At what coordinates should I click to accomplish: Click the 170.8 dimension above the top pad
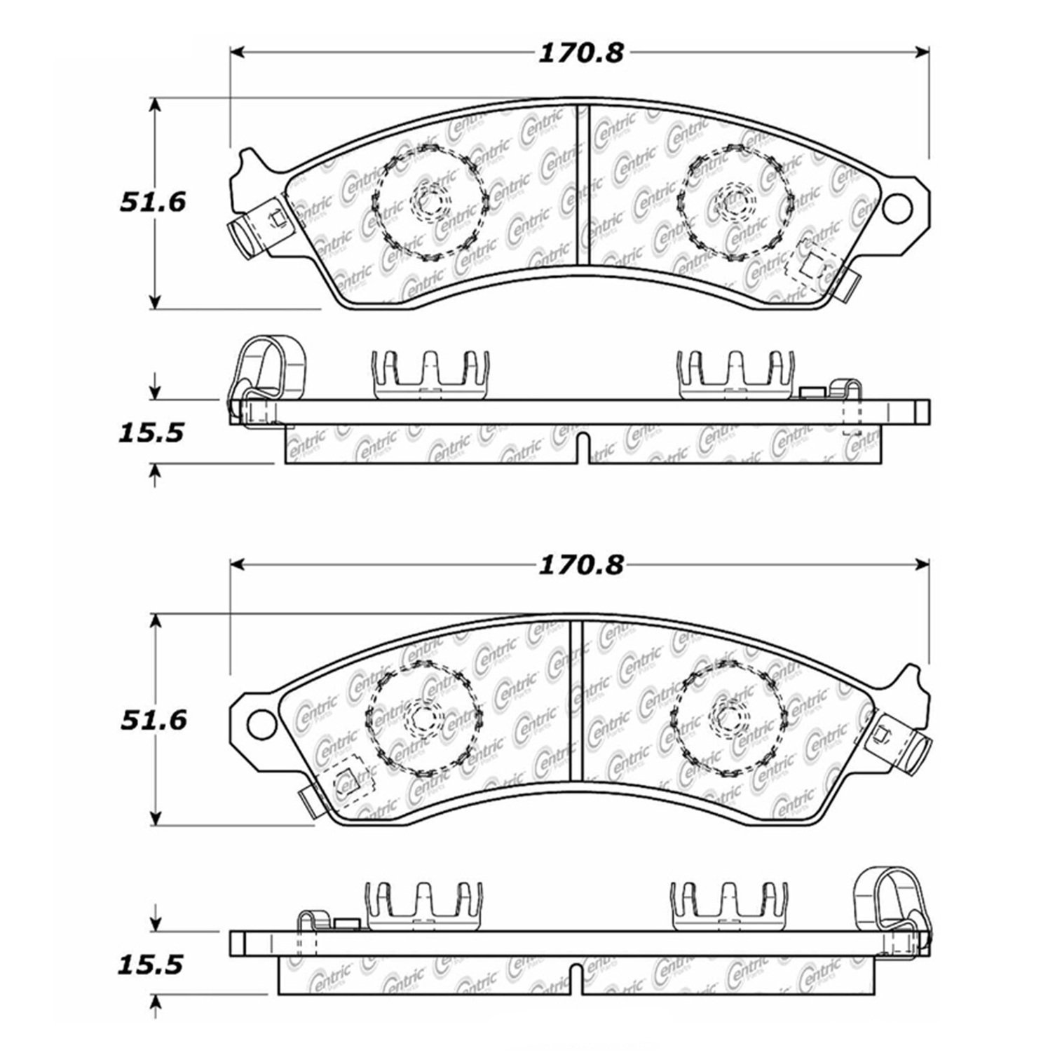click(580, 53)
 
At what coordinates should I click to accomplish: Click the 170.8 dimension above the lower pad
click(580, 565)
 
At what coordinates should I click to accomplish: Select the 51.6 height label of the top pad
click(152, 203)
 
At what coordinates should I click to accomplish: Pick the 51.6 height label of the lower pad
click(154, 719)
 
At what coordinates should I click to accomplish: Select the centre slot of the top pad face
click(583, 185)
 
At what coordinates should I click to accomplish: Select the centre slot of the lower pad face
click(576, 700)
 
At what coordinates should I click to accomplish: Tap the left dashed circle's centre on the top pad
click(428, 203)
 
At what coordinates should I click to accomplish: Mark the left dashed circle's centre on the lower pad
click(423, 717)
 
